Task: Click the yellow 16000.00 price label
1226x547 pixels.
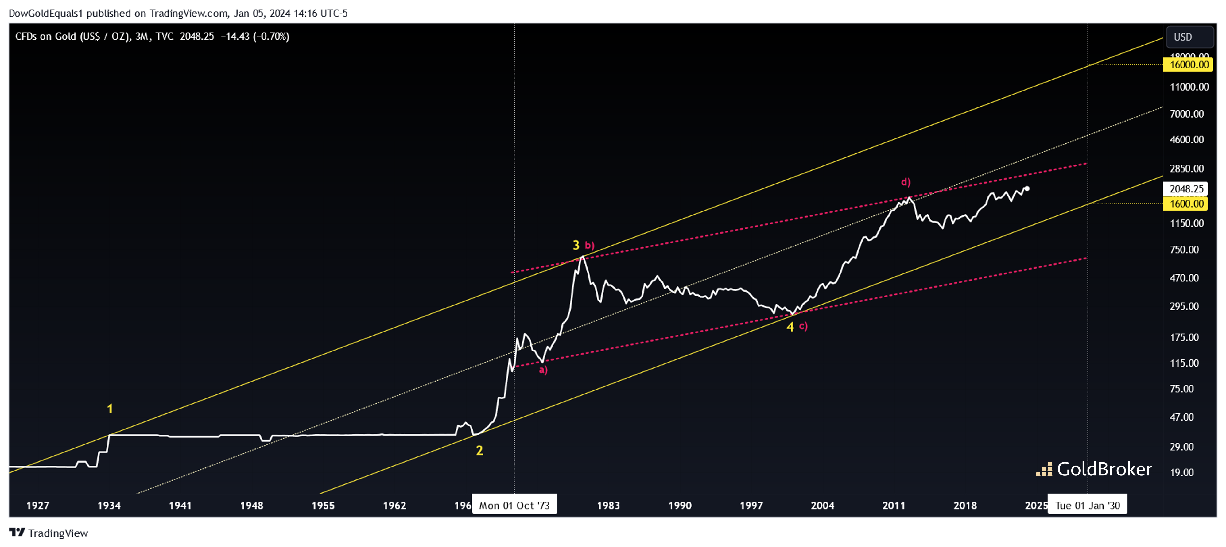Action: pyautogui.click(x=1189, y=65)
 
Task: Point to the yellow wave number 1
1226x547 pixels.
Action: pyautogui.click(x=110, y=409)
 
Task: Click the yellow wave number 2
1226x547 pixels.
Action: pyautogui.click(x=479, y=450)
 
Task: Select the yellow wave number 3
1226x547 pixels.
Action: pyautogui.click(x=576, y=245)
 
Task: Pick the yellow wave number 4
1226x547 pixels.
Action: pyautogui.click(x=790, y=327)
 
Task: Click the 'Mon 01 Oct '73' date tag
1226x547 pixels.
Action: pyautogui.click(x=514, y=506)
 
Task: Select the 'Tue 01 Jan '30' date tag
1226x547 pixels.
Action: pyautogui.click(x=1088, y=506)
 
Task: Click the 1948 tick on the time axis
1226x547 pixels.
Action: pyautogui.click(x=252, y=506)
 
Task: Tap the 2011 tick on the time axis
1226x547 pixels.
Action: pyautogui.click(x=893, y=506)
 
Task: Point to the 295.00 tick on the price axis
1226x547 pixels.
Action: pyautogui.click(x=1184, y=306)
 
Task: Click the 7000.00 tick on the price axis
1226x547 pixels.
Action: pyautogui.click(x=1186, y=114)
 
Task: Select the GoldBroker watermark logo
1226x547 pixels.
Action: pyautogui.click(x=1094, y=469)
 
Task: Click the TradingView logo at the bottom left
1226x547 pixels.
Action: pyautogui.click(x=48, y=533)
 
